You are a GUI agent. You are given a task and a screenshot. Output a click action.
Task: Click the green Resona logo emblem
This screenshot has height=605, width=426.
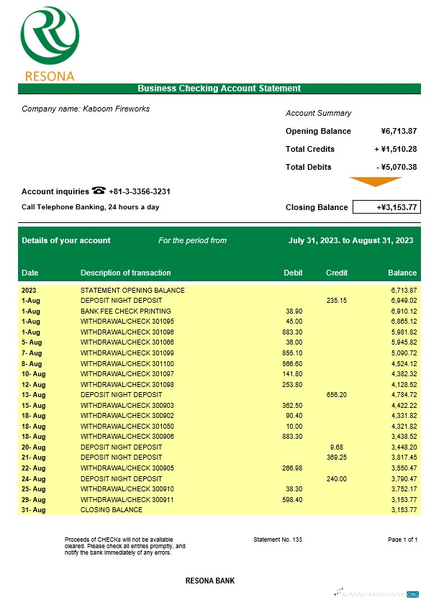click(x=50, y=35)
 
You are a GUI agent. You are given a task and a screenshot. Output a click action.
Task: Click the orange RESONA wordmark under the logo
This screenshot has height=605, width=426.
click(x=50, y=76)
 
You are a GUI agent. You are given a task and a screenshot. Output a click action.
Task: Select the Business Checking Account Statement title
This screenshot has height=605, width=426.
click(x=219, y=88)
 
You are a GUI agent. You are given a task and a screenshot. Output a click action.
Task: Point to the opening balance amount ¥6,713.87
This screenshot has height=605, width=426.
click(x=399, y=131)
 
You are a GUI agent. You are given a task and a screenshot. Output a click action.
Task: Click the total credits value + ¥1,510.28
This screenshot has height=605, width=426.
click(x=396, y=149)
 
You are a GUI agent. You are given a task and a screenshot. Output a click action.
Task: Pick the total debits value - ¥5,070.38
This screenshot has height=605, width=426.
click(x=396, y=167)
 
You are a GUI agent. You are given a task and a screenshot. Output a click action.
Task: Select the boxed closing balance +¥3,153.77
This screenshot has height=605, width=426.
click(x=386, y=207)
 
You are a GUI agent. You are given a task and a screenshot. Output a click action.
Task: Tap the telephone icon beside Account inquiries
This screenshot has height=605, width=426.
click(x=99, y=191)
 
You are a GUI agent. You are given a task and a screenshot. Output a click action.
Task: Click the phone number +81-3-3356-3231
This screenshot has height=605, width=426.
click(x=140, y=191)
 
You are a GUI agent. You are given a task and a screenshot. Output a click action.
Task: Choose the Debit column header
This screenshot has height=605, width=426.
click(x=294, y=273)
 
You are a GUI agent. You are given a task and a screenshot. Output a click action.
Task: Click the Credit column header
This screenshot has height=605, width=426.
click(x=337, y=273)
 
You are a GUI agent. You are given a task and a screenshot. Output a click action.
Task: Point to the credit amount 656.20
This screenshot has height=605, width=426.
click(x=336, y=394)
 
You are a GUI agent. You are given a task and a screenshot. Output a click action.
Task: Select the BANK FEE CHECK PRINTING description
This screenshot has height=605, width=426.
click(x=121, y=311)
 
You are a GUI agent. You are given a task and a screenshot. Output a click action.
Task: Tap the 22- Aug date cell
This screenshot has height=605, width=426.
click(x=33, y=468)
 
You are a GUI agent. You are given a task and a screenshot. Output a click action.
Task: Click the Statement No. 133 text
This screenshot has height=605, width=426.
click(x=278, y=539)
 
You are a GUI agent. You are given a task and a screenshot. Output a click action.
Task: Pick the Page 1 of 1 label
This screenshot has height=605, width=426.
click(x=402, y=539)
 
